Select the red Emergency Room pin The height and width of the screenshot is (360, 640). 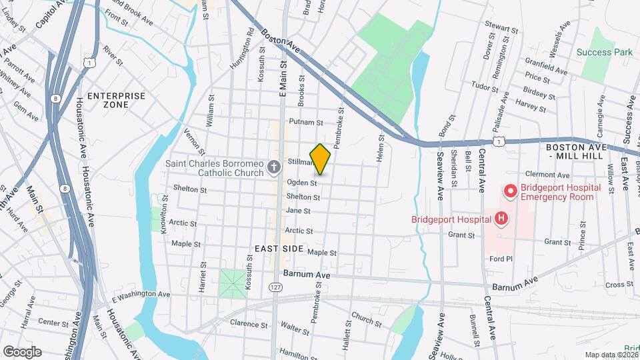tap(510, 192)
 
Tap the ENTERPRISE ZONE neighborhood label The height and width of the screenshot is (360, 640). tap(116, 101)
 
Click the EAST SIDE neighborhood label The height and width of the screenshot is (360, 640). tap(279, 249)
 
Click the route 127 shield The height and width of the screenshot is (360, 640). tap(275, 287)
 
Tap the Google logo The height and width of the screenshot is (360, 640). tap(22, 351)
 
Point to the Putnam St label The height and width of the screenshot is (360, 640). tap(306, 123)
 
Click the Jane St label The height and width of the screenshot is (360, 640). tap(298, 211)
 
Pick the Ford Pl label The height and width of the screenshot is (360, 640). tap(500, 259)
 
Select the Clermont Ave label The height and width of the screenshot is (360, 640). tap(545, 175)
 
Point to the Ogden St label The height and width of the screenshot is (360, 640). tap(301, 183)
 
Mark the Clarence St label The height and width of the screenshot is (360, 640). tap(248, 324)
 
